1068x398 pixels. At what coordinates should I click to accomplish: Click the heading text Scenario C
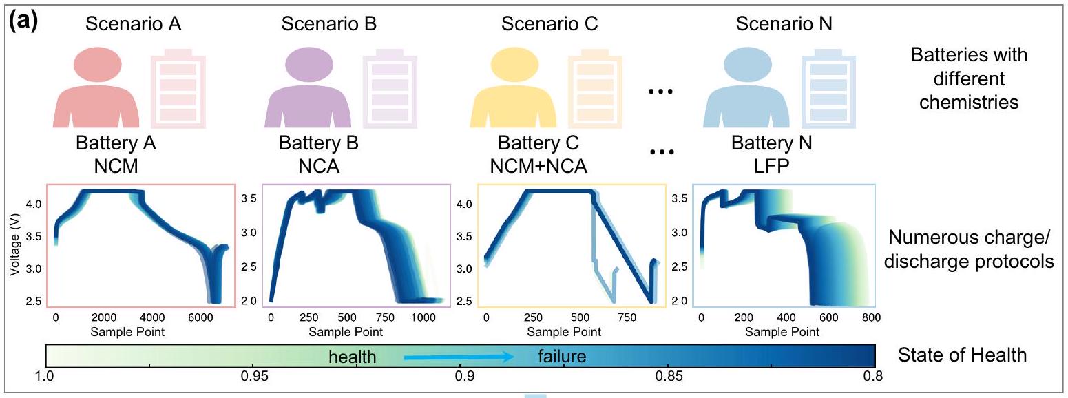click(x=549, y=24)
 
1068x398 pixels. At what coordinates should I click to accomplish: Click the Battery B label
click(x=318, y=145)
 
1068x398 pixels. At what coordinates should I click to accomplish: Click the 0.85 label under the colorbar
click(x=669, y=377)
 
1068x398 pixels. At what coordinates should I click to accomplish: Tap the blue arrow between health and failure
click(x=458, y=357)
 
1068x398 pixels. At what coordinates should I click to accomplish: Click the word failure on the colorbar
click(x=561, y=356)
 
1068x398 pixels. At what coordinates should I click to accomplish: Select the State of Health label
click(x=962, y=355)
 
